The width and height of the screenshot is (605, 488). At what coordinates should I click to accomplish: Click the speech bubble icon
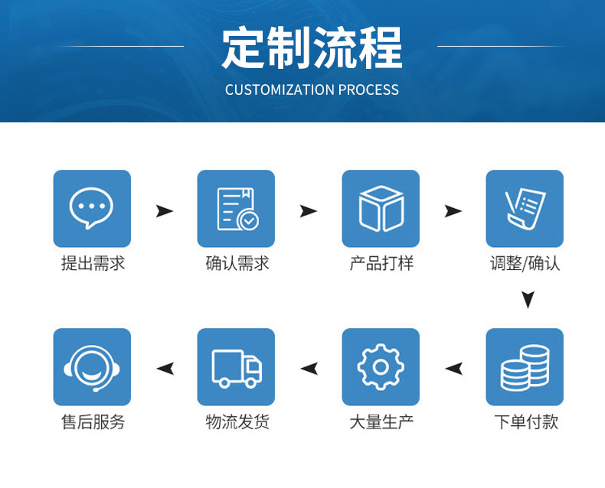[x=91, y=208]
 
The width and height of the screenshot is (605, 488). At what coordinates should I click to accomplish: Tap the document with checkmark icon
[x=237, y=209]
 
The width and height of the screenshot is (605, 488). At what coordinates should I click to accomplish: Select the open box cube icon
[x=381, y=209]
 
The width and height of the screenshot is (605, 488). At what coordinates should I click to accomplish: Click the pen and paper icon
[x=525, y=209]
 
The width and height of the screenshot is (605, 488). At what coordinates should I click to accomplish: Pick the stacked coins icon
[x=525, y=368]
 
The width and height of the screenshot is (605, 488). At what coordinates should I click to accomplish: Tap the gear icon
[x=381, y=366]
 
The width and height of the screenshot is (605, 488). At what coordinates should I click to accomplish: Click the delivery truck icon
[x=237, y=368]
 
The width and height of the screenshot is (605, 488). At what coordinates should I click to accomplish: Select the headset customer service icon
[x=92, y=368]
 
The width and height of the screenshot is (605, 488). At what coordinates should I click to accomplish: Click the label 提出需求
[x=93, y=264]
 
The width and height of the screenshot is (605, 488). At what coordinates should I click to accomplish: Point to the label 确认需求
[x=237, y=264]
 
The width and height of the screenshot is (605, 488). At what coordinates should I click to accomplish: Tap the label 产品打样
[x=381, y=264]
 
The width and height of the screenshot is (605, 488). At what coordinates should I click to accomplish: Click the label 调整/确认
[x=525, y=264]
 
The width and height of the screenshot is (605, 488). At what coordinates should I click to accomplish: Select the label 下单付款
[x=526, y=421]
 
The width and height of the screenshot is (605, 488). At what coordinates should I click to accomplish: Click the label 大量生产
[x=381, y=421]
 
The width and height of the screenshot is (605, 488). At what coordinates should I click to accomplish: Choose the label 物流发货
[x=237, y=421]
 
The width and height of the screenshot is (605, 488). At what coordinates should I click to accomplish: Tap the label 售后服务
[x=93, y=421]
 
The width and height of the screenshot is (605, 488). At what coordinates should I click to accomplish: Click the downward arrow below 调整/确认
[x=528, y=300]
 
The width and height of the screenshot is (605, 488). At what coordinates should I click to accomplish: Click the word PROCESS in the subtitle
[x=368, y=89]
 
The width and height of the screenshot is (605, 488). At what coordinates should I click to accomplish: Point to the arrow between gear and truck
[x=309, y=369]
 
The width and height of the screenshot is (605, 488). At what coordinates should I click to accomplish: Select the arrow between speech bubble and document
[x=165, y=211]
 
